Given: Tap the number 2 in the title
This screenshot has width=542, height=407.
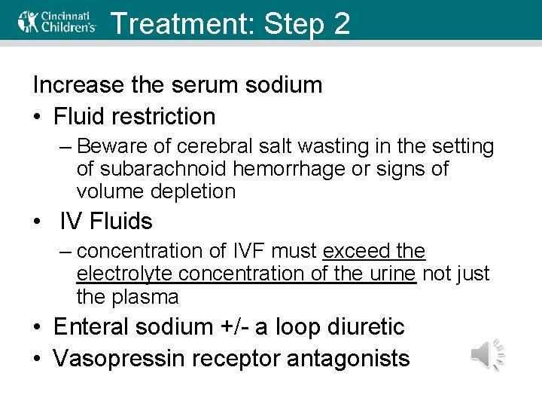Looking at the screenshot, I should pyautogui.click(x=340, y=23).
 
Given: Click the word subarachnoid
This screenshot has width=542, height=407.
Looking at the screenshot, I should pyautogui.click(x=156, y=169).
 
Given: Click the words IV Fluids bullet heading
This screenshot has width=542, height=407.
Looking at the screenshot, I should pyautogui.click(x=105, y=222).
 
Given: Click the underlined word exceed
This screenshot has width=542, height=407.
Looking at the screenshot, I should pyautogui.click(x=355, y=251).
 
